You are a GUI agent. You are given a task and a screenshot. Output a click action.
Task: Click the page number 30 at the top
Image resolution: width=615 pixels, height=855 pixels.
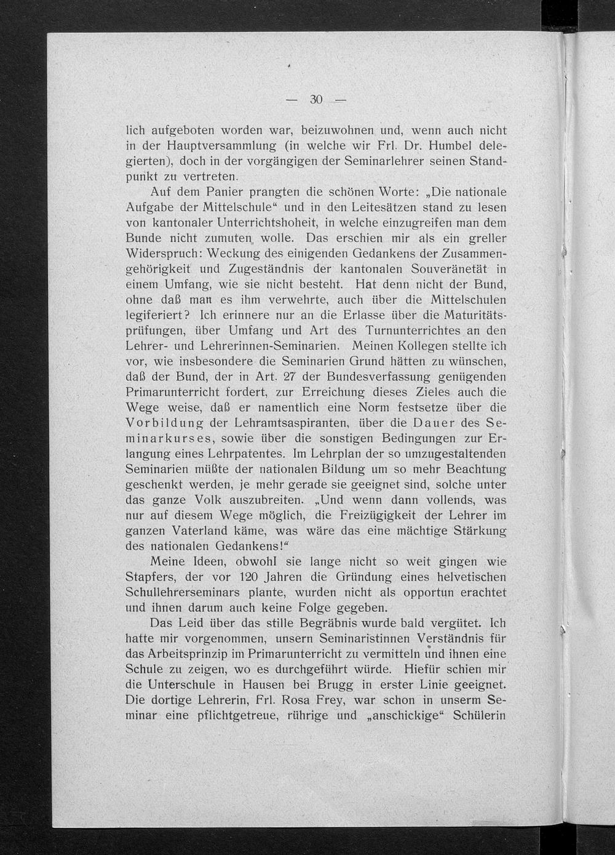click(x=316, y=100)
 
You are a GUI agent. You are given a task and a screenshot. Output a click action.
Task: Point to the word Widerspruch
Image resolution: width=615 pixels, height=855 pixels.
click(x=162, y=254)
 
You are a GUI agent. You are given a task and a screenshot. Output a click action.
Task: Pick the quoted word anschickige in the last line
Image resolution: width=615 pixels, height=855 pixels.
click(x=405, y=716)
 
